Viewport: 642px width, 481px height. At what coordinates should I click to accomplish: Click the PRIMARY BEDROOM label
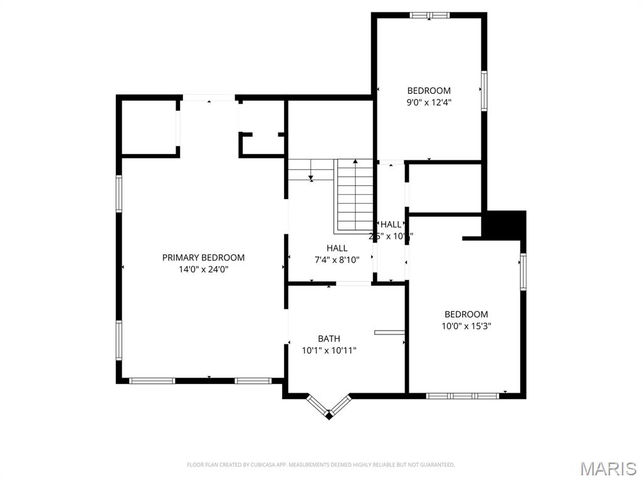click(x=203, y=257)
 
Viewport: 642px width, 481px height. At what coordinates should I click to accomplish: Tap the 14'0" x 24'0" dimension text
click(x=203, y=270)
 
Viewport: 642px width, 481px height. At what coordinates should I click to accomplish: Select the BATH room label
click(x=329, y=339)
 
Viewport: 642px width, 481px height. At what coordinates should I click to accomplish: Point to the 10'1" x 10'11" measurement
click(x=329, y=351)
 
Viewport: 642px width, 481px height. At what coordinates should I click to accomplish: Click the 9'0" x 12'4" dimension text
click(x=429, y=103)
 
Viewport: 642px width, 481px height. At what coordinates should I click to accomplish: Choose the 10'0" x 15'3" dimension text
click(x=466, y=326)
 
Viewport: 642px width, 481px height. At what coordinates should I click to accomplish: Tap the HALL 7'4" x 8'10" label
click(x=337, y=249)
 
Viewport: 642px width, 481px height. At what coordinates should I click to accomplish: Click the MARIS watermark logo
click(x=608, y=468)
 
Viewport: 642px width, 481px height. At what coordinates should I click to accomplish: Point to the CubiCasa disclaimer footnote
click(x=320, y=465)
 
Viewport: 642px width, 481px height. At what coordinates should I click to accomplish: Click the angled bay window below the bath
click(x=329, y=407)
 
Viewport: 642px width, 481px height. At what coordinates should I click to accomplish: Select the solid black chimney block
click(x=504, y=225)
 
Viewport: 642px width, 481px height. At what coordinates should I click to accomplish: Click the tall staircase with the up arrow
click(x=355, y=194)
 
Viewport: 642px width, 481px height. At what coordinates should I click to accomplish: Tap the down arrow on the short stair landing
click(x=311, y=178)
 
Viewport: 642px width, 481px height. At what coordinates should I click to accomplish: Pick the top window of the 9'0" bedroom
click(x=429, y=15)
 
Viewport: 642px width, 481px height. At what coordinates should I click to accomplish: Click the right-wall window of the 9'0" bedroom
click(x=484, y=91)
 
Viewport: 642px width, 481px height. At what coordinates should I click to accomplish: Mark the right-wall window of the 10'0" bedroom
click(x=523, y=272)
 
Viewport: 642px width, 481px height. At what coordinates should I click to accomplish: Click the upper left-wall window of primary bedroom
click(x=118, y=194)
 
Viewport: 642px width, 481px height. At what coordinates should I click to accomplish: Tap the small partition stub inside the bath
click(x=389, y=332)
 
